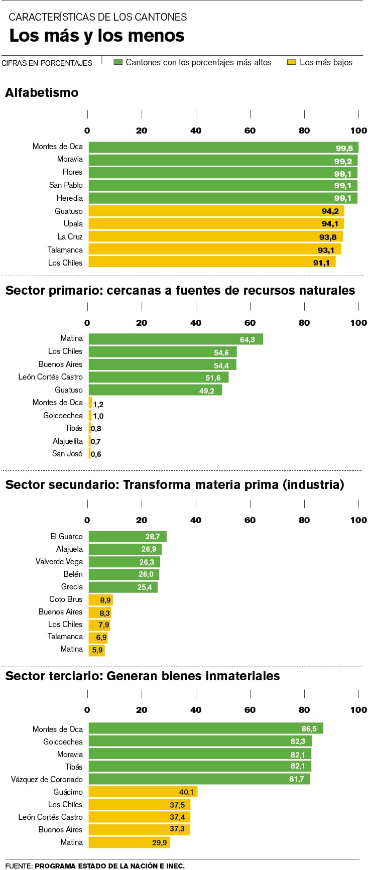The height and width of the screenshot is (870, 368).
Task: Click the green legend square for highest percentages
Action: click(118, 62)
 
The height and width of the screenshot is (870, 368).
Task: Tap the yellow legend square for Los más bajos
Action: click(291, 62)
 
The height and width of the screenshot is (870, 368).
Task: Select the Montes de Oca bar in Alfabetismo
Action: click(223, 147)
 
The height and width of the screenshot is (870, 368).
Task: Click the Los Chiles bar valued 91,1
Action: click(212, 262)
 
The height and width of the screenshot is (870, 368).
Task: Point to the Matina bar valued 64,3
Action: click(176, 339)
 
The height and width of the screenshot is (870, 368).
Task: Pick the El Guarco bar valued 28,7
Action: click(128, 537)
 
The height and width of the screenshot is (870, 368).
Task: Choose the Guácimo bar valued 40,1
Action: click(143, 792)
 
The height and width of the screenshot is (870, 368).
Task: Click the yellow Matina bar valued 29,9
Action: click(129, 842)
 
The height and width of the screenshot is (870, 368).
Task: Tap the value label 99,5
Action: click(344, 148)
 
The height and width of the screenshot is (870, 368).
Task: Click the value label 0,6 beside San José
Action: click(96, 454)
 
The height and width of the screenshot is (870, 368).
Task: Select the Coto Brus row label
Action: click(66, 599)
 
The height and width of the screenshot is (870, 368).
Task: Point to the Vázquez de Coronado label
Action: click(47, 779)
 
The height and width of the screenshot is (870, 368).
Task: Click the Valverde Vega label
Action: click(59, 562)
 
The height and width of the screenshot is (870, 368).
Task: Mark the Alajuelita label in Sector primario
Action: click(68, 441)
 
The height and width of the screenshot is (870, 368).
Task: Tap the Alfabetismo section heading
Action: click(42, 93)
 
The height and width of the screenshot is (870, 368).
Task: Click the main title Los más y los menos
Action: click(97, 36)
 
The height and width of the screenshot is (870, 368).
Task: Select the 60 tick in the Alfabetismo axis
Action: click(250, 131)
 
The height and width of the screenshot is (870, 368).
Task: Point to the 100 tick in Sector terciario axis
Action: click(358, 710)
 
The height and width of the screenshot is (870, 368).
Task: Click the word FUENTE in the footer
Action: click(19, 865)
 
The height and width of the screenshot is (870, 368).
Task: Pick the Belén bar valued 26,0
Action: click(124, 574)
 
